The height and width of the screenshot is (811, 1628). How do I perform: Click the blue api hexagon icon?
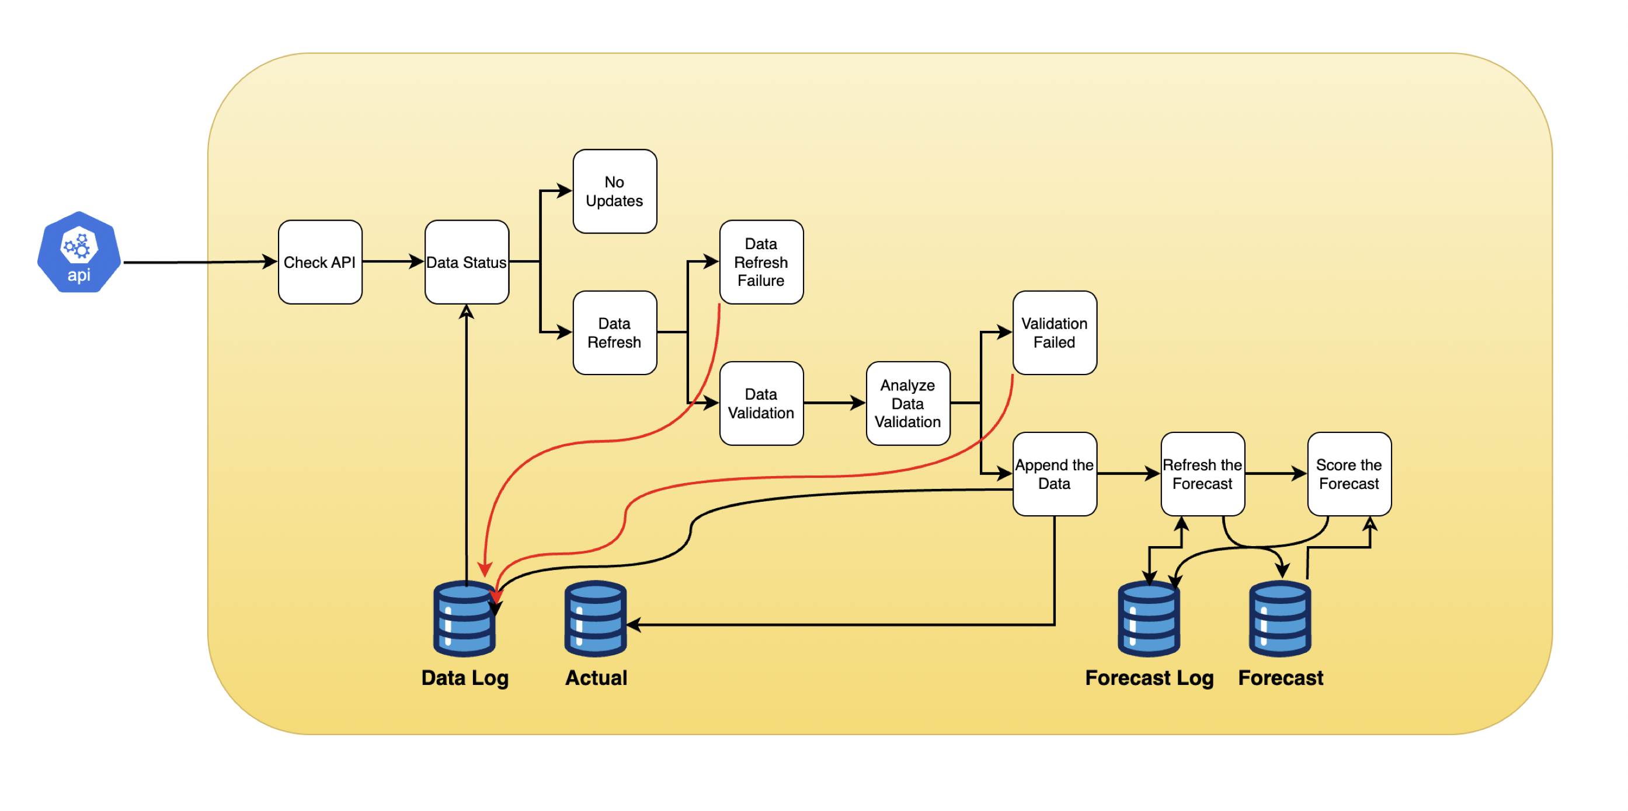[x=79, y=253]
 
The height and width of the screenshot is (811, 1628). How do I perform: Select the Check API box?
[x=320, y=262]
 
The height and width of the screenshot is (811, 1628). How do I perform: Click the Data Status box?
[x=467, y=262]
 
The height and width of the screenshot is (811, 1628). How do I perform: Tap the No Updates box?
[x=614, y=191]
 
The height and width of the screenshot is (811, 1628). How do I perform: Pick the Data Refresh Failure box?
[x=761, y=262]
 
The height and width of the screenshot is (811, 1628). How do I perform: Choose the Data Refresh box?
[x=614, y=333]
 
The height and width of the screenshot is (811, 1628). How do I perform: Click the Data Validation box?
[x=761, y=404]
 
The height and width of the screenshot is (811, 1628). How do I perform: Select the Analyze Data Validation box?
[x=907, y=404]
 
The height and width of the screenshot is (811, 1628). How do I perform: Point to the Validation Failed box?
[x=1054, y=333]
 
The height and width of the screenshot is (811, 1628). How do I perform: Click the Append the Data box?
[x=1054, y=474]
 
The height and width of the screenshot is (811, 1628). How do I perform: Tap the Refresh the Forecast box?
[x=1202, y=474]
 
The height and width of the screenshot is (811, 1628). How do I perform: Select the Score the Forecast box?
[x=1349, y=474]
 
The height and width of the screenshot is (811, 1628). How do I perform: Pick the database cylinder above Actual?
[x=596, y=620]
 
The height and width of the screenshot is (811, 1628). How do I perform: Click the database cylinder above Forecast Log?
[x=1149, y=620]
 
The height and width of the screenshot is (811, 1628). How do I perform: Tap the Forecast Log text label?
[x=1149, y=678]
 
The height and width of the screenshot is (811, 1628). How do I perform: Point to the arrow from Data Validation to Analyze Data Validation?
[x=834, y=403]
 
